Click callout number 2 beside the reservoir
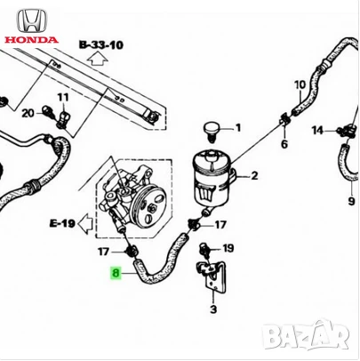(x=253, y=176)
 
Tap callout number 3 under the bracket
(x=212, y=309)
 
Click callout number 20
(x=28, y=112)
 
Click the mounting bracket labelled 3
(x=212, y=275)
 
